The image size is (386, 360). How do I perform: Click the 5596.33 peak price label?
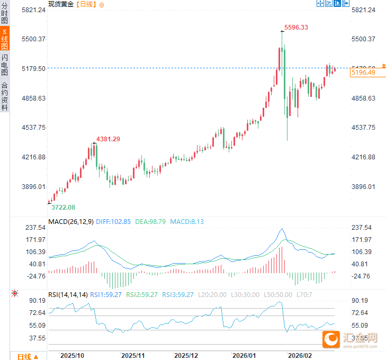pos(296,27)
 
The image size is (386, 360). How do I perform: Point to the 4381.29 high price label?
pos(108,139)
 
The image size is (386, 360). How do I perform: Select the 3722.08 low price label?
pos(63,207)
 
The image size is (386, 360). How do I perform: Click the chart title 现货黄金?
pos(61,4)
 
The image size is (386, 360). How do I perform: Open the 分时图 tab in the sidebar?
pos(5,14)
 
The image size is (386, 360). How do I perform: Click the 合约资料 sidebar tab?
pos(5,96)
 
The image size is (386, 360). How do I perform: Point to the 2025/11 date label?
pos(133,355)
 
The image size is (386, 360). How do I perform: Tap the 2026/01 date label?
pos(245,355)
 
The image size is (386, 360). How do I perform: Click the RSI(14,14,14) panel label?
pos(68,295)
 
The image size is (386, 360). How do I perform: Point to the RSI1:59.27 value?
pos(106,295)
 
